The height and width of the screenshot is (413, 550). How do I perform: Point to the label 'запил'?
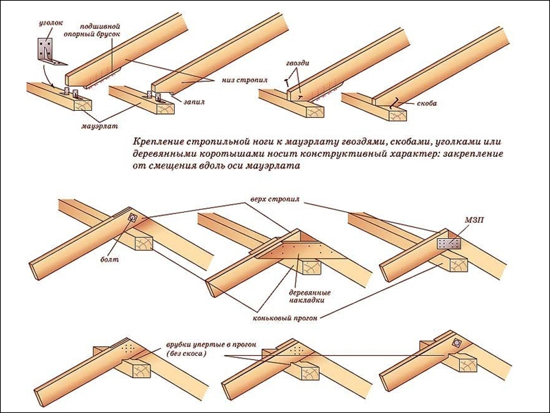(194, 101)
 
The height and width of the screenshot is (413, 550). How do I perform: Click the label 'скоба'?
(426, 104)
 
